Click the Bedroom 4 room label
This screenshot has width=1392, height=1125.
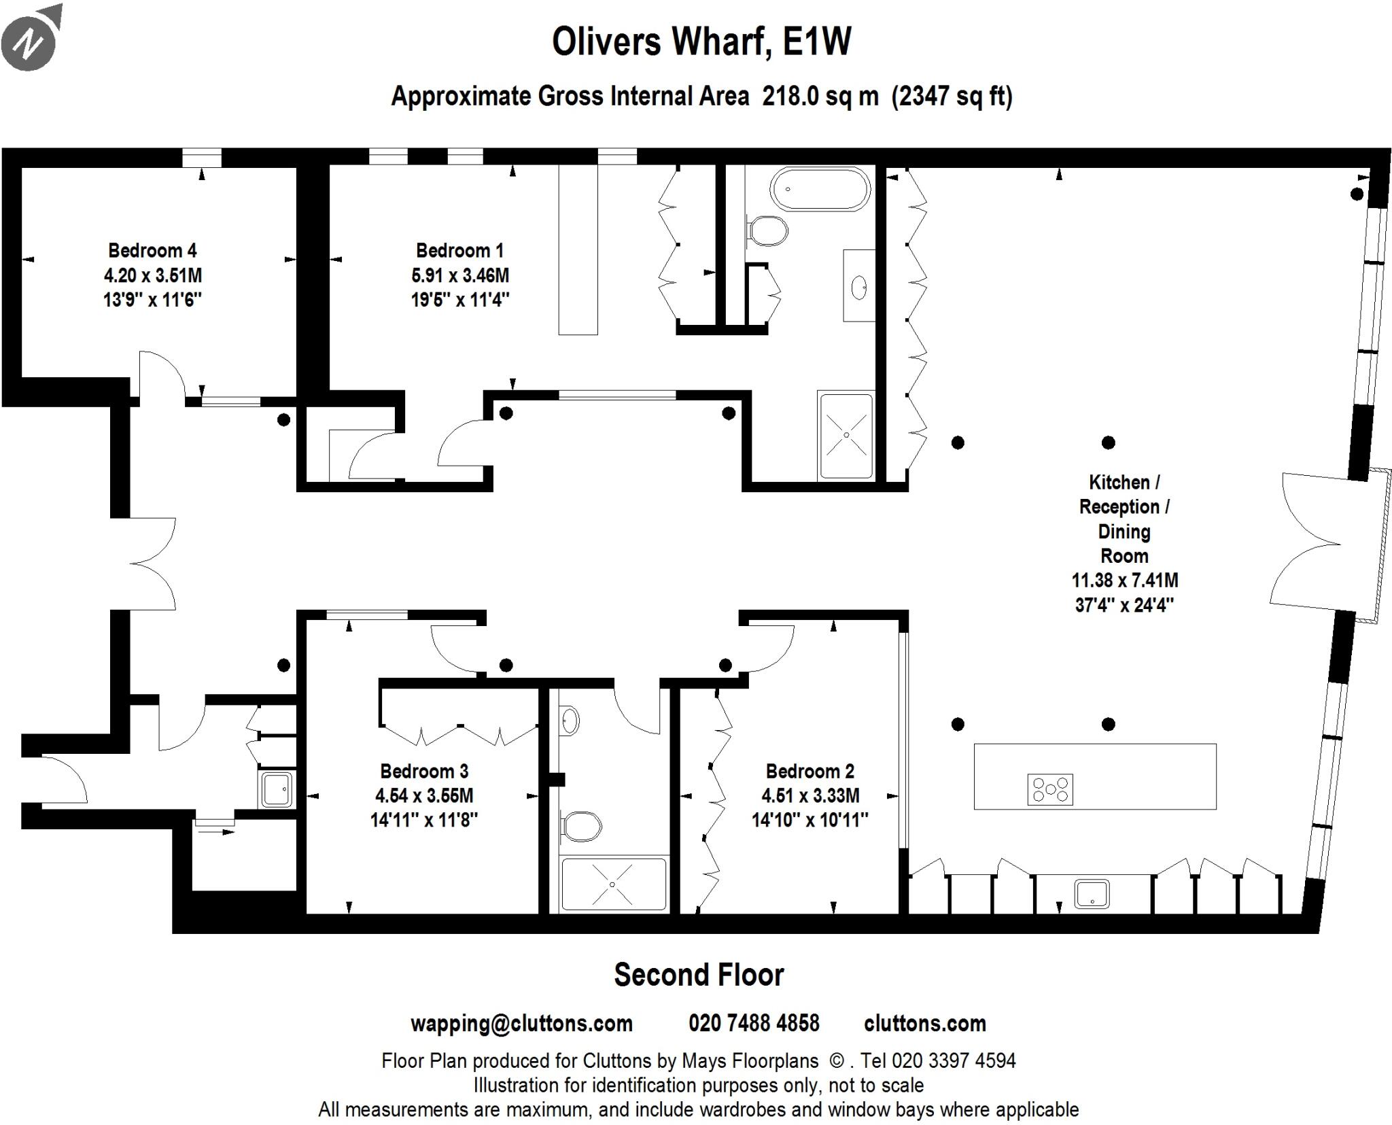tap(152, 251)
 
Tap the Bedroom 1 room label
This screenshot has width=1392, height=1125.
tap(459, 251)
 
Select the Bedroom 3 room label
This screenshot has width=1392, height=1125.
tap(424, 771)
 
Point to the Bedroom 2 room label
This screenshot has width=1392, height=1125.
tap(810, 771)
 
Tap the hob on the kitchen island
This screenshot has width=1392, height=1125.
tap(1049, 789)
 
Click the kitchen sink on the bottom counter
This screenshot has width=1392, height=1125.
tap(1092, 893)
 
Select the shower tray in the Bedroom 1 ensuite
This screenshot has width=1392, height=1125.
tap(846, 435)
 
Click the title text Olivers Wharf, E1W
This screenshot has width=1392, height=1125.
tap(701, 41)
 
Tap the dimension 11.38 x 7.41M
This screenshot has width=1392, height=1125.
tap(1124, 581)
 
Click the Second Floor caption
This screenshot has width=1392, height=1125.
tap(699, 975)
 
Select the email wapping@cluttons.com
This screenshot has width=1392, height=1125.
tap(521, 1024)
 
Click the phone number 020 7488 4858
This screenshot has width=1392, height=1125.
tap(754, 1023)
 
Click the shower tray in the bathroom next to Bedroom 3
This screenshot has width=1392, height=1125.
tap(612, 884)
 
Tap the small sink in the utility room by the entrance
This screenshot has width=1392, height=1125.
tap(277, 789)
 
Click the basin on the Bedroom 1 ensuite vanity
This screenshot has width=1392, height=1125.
tap(859, 287)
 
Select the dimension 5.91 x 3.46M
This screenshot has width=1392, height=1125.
tap(459, 275)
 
